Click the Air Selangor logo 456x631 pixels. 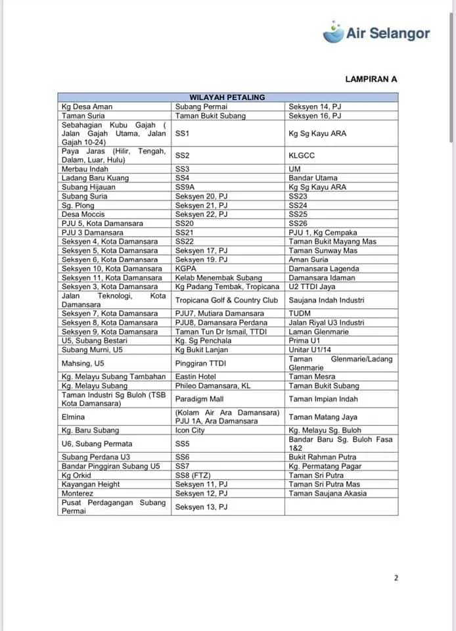tap(377, 33)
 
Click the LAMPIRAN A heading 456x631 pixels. tap(371, 79)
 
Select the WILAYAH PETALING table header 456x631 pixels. tap(227, 97)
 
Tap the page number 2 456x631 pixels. tap(396, 578)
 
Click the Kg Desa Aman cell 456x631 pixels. tap(87, 106)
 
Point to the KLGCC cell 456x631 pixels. tap(302, 156)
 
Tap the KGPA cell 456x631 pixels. tap(187, 268)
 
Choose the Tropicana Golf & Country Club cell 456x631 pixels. tap(227, 300)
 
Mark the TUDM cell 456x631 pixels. tap(300, 314)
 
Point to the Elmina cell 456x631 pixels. tap(73, 417)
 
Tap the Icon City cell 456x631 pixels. tap(190, 431)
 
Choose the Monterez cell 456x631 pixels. tap(78, 493)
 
